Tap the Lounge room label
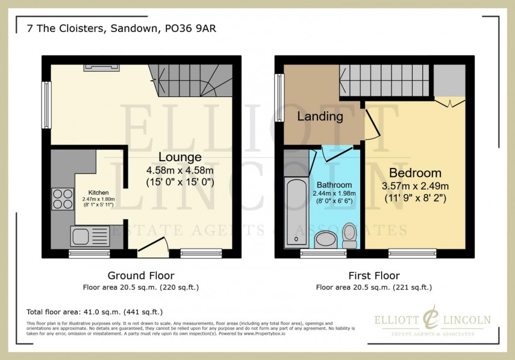point(180,157)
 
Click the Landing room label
point(320,116)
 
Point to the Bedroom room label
point(415,173)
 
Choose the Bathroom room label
point(334,184)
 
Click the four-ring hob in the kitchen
point(61,199)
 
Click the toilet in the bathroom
point(349,235)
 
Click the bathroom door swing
point(331,153)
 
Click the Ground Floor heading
point(141,276)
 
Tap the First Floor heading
point(373,276)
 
